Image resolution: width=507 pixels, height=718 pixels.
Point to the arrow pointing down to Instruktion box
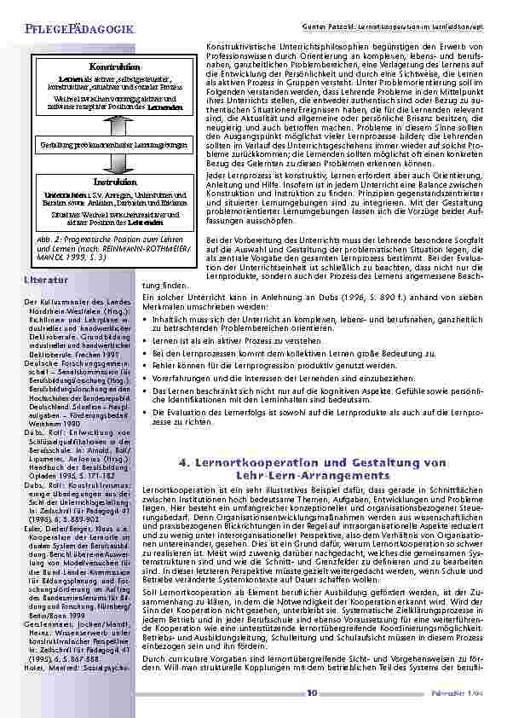114,165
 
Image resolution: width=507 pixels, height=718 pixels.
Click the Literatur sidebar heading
47,279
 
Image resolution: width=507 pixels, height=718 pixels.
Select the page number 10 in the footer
313,692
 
